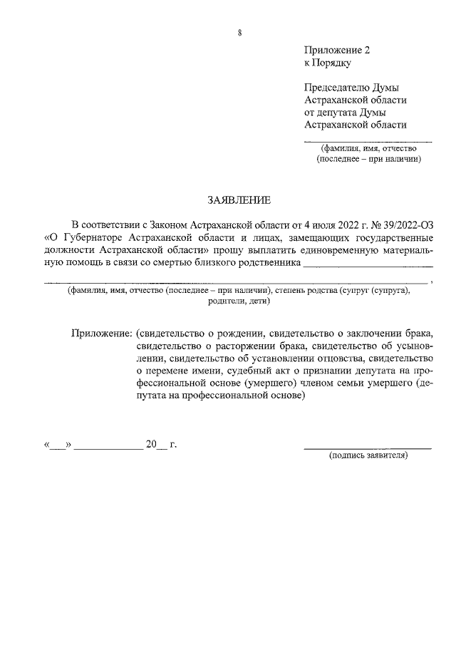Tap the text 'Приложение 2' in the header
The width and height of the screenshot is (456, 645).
pyautogui.click(x=337, y=51)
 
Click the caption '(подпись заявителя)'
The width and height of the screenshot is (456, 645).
pyautogui.click(x=367, y=454)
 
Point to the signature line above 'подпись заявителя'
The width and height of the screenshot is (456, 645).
pyautogui.click(x=367, y=448)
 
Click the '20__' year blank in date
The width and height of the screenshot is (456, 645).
pyautogui.click(x=155, y=444)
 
